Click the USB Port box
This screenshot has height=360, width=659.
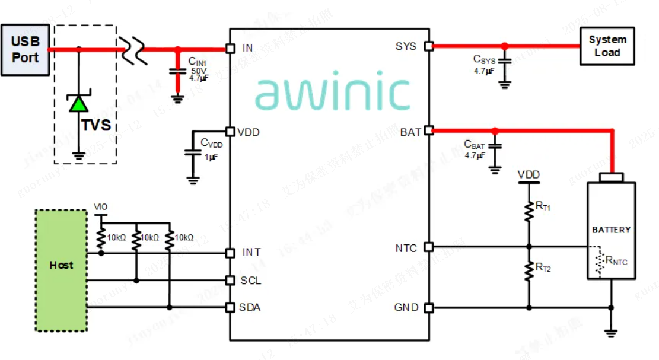click(x=25, y=50)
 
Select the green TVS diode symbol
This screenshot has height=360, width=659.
click(x=78, y=104)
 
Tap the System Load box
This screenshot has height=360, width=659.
click(x=607, y=46)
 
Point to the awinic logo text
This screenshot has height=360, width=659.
click(x=332, y=94)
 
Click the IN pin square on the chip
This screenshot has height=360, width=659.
click(x=230, y=48)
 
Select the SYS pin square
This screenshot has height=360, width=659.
click(x=429, y=46)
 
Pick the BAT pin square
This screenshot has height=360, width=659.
click(x=429, y=130)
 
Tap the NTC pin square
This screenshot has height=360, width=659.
click(x=429, y=247)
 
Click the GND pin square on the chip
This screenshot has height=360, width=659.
click(x=429, y=308)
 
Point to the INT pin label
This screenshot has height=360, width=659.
click(x=251, y=253)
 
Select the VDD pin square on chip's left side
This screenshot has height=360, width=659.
click(x=230, y=132)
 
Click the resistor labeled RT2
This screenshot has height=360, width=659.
click(x=529, y=270)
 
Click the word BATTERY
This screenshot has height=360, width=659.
click(x=611, y=230)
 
